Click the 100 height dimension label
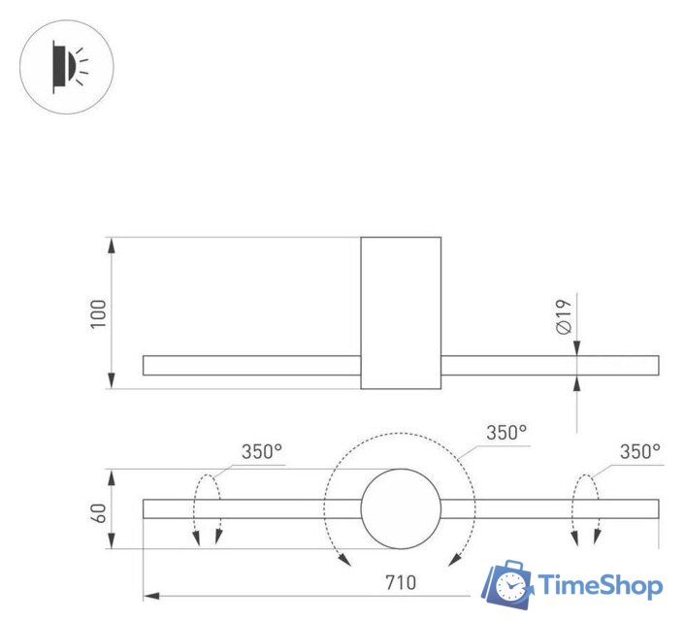tap(99, 313)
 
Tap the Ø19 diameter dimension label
tap(565, 316)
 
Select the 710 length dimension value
tap(400, 582)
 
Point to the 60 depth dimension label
tap(99, 510)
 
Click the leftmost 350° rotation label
tap(261, 451)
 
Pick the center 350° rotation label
tap(505, 434)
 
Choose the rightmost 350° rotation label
tap(639, 451)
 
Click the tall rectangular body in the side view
tap(401, 312)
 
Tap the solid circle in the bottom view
tap(401, 509)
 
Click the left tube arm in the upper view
tap(251, 366)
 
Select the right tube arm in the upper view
tap(549, 366)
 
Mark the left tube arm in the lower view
tap(251, 509)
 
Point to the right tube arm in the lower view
tap(549, 509)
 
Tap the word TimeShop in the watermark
tap(600, 585)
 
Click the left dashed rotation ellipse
tap(207, 509)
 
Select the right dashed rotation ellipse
tap(586, 509)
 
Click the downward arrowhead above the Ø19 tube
tap(578, 348)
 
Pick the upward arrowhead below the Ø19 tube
tap(578, 383)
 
